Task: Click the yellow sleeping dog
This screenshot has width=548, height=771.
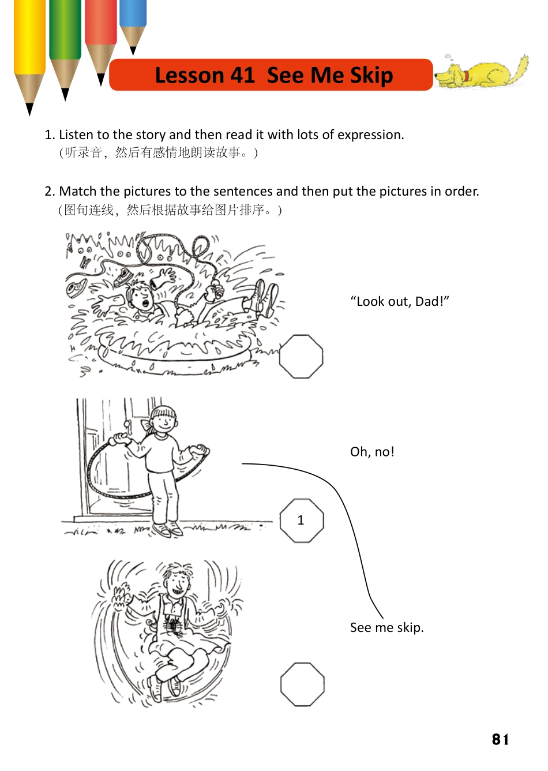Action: [x=482, y=73]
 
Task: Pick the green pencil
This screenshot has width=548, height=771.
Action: [x=65, y=40]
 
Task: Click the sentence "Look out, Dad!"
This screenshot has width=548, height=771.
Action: [x=400, y=301]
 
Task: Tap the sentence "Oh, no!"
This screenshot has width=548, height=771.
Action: [x=372, y=452]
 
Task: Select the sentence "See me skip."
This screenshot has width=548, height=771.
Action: [x=386, y=627]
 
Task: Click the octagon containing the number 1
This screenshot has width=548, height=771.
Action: [x=301, y=521]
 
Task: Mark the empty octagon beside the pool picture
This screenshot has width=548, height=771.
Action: [x=301, y=357]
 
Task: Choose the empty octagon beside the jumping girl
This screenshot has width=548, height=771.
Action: [x=302, y=684]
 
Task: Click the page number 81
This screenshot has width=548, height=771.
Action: [x=500, y=740]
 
